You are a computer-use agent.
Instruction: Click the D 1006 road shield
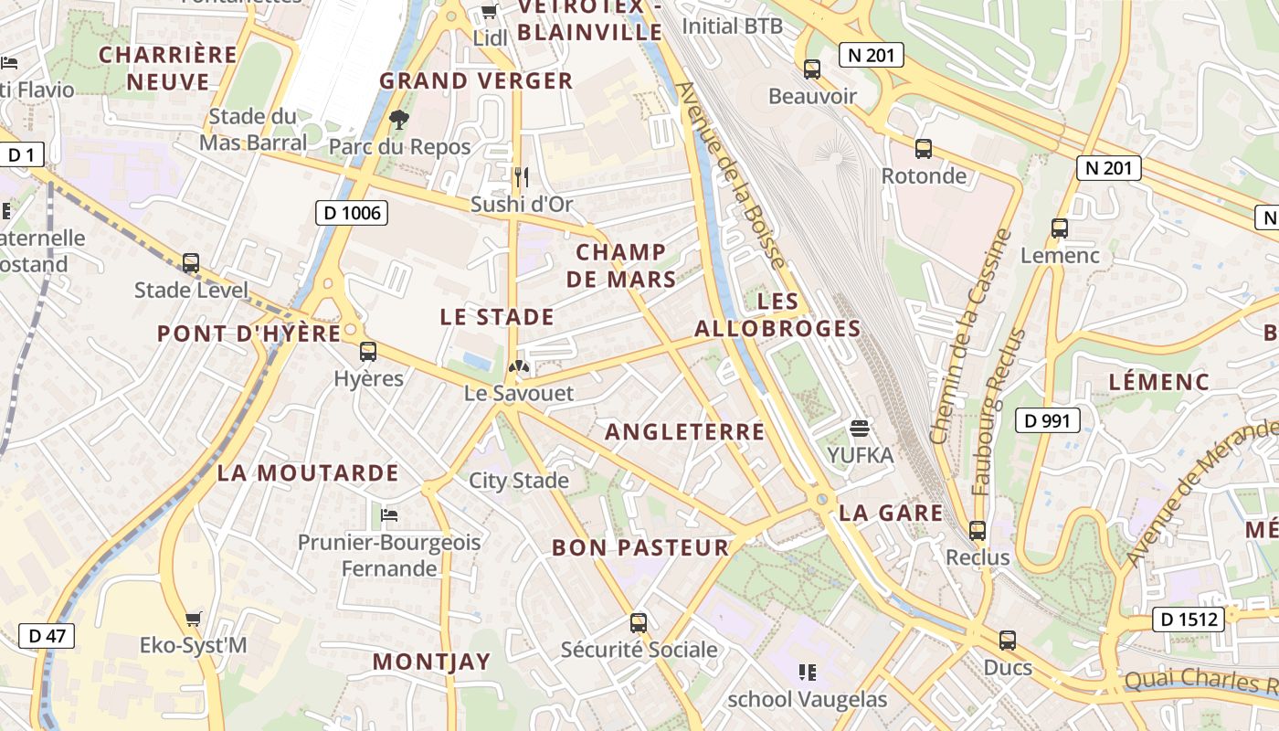pyautogui.click(x=352, y=213)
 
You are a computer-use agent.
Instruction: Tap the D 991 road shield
pyautogui.click(x=1048, y=420)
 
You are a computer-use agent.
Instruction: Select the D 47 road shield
pyautogui.click(x=47, y=635)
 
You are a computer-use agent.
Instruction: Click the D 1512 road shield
pyautogui.click(x=1188, y=620)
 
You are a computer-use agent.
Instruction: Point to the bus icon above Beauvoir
pyautogui.click(x=811, y=69)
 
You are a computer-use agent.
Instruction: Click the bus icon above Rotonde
pyautogui.click(x=923, y=148)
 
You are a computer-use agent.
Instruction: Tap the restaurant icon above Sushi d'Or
pyautogui.click(x=521, y=176)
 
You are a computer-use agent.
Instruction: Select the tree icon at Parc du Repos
pyautogui.click(x=398, y=119)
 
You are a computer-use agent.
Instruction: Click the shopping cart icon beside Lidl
pyautogui.click(x=489, y=11)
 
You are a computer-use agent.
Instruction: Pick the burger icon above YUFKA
pyautogui.click(x=859, y=427)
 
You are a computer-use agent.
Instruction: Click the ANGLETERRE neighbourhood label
pyautogui.click(x=684, y=431)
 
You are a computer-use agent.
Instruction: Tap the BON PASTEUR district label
pyautogui.click(x=640, y=547)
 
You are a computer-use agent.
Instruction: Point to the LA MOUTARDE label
pyautogui.click(x=308, y=472)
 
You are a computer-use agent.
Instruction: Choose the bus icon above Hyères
pyautogui.click(x=367, y=351)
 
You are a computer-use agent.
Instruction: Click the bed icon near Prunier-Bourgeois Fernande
pyautogui.click(x=389, y=515)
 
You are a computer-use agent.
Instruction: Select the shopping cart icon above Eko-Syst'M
pyautogui.click(x=193, y=619)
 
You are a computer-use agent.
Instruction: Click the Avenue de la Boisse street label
pyautogui.click(x=732, y=174)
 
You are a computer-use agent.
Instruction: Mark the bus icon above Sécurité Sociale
pyautogui.click(x=638, y=623)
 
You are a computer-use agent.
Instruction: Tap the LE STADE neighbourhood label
pyautogui.click(x=497, y=317)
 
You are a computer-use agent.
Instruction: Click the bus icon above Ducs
pyautogui.click(x=1007, y=640)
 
